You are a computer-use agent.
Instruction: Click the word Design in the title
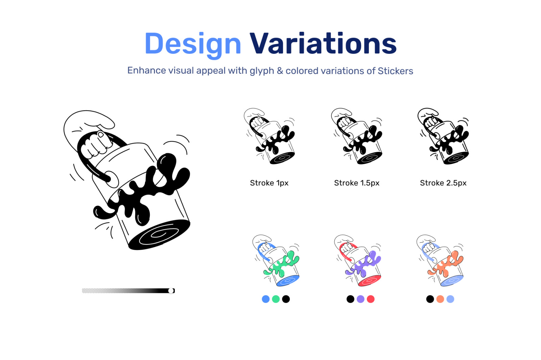pyautogui.click(x=193, y=45)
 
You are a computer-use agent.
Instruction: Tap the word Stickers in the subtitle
pyautogui.click(x=395, y=71)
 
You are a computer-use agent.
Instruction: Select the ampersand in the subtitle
pyautogui.click(x=280, y=71)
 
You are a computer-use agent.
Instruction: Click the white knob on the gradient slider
pyautogui.click(x=171, y=291)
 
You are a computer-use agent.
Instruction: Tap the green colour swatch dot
pyautogui.click(x=276, y=299)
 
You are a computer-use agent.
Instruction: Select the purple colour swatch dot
pyautogui.click(x=360, y=299)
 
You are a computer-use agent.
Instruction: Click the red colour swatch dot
pyautogui.click(x=371, y=299)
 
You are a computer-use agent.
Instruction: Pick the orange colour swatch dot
pyautogui.click(x=440, y=299)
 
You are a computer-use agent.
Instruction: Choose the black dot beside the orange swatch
pyautogui.click(x=430, y=299)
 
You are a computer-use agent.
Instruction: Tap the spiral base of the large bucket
pyautogui.click(x=159, y=235)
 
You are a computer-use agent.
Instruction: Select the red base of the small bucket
pyautogui.click(x=370, y=280)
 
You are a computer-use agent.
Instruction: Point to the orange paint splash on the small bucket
pyautogui.click(x=446, y=265)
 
